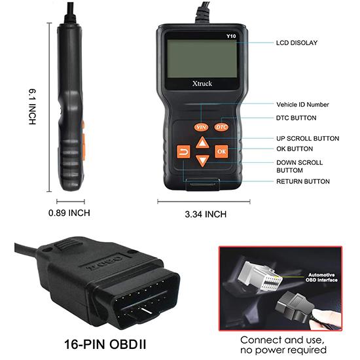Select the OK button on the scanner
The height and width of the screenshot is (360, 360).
(x=221, y=152)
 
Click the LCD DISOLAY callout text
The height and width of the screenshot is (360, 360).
(x=297, y=43)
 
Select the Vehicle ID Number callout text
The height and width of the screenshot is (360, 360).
(x=302, y=104)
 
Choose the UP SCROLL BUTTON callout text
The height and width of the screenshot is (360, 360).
(x=308, y=138)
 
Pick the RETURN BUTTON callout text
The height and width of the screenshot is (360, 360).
(x=303, y=181)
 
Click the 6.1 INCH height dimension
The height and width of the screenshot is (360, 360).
(x=31, y=108)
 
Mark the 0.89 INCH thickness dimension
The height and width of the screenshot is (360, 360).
(x=69, y=213)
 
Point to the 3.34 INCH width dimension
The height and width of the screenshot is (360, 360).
(x=206, y=214)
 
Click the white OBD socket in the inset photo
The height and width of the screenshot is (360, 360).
(x=265, y=275)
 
